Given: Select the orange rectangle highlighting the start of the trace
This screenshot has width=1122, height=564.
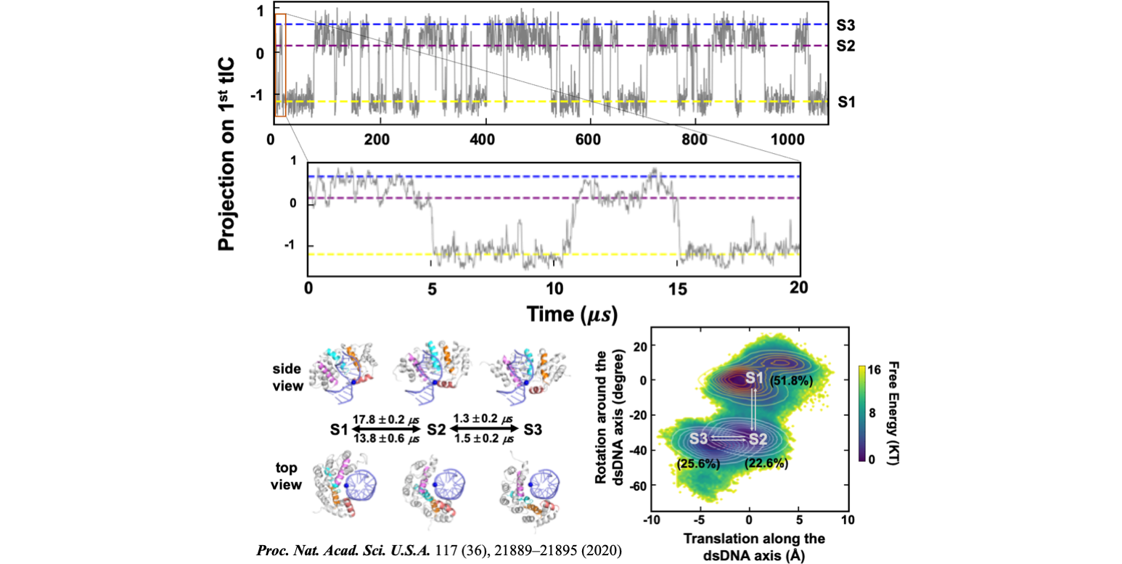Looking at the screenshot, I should point(281,65).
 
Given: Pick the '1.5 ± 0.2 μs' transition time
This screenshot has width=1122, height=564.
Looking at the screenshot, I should point(482,438).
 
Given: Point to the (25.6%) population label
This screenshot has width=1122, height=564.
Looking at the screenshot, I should point(697,463).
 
